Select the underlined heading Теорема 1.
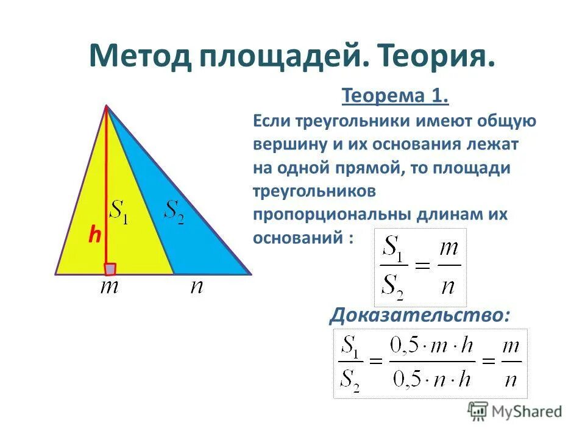[x=395, y=96]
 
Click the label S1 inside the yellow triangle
[x=118, y=212]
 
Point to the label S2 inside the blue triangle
[x=175, y=212]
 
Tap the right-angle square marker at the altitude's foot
[x=110, y=268]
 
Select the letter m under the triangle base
[x=110, y=287]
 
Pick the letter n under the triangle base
[x=196, y=287]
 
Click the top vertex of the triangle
[x=107, y=106]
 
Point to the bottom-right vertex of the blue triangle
[x=250, y=274]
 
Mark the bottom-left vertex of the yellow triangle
[x=56, y=274]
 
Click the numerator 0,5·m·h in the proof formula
[x=430, y=347]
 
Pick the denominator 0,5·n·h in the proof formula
[x=430, y=380]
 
